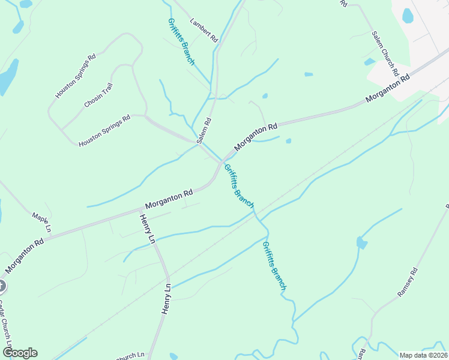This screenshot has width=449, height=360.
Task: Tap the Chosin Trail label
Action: pos(98,95)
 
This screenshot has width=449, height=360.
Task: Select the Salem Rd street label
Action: pos(204,130)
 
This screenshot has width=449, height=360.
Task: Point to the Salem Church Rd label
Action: pos(385,53)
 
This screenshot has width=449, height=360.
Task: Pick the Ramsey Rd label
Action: pos(407,283)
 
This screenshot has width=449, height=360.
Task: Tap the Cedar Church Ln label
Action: pos(5,318)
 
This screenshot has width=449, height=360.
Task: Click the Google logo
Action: pos(20,353)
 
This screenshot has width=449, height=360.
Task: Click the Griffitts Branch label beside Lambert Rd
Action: pos(181,41)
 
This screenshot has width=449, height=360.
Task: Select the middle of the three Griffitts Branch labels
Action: pos(239,185)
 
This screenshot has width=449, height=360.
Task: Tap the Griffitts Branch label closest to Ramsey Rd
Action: pos(274,266)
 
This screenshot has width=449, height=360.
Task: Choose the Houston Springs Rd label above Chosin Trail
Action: pos(76,76)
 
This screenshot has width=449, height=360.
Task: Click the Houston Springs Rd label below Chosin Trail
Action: pos(104,131)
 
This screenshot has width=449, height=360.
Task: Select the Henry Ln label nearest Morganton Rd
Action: pos(148,229)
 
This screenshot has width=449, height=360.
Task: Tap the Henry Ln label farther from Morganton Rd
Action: pos(167,299)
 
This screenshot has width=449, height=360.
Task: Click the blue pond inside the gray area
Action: pos(408,15)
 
